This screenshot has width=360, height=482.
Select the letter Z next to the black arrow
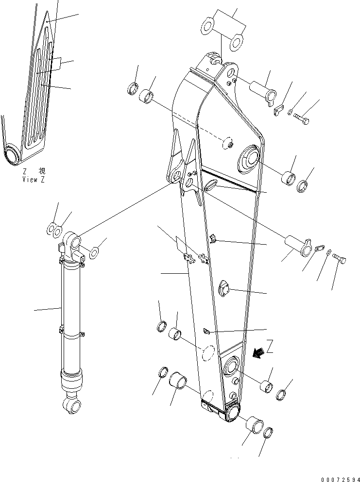[x=270, y=347]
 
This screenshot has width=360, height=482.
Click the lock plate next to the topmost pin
[x=279, y=110]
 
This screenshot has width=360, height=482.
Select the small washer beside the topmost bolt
[x=290, y=113]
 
